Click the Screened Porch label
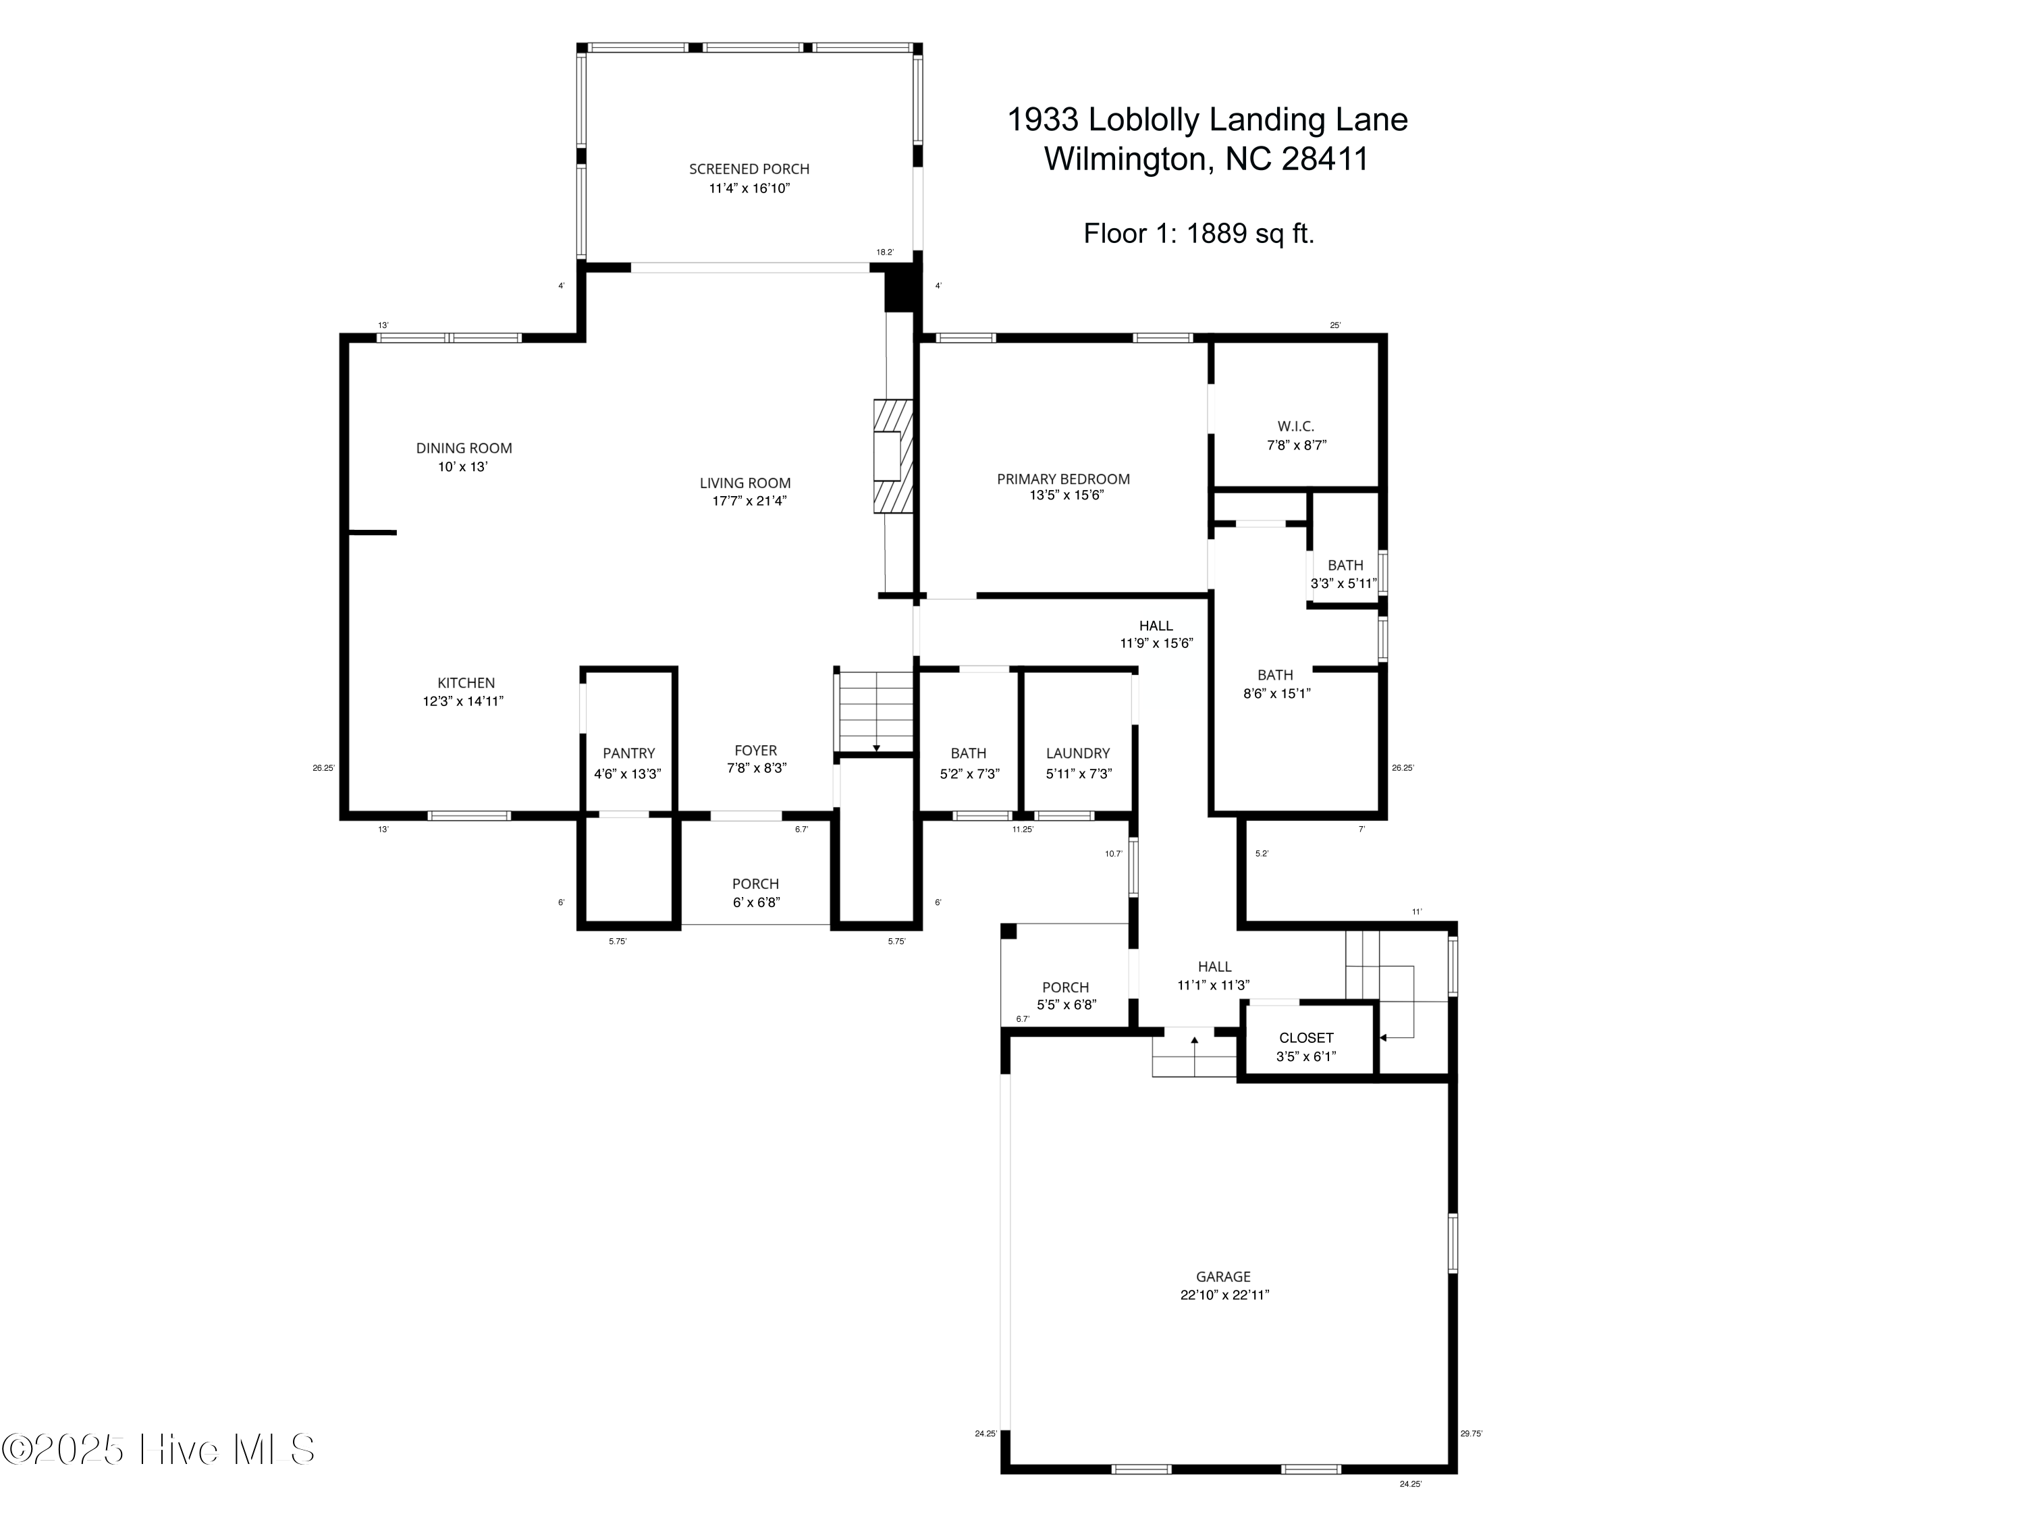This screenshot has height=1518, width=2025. click(749, 169)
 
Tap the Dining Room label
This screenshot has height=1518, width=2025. click(464, 448)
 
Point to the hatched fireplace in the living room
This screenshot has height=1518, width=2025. click(894, 456)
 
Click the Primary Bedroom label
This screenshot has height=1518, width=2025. click(1063, 479)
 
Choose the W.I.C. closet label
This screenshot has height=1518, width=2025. click(1296, 427)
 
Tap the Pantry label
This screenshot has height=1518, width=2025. click(629, 753)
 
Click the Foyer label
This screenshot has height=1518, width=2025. click(755, 751)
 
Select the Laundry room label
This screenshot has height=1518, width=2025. click(1077, 753)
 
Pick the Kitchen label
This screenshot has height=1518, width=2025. click(466, 683)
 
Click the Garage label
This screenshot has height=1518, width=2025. click(1223, 1276)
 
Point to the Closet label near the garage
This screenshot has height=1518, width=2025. click(1306, 1038)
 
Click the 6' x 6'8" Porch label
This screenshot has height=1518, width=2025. click(755, 893)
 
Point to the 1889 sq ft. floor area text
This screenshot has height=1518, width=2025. click(1251, 234)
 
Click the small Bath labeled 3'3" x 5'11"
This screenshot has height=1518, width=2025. click(1345, 574)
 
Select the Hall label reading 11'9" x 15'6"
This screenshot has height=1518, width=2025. click(1156, 634)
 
